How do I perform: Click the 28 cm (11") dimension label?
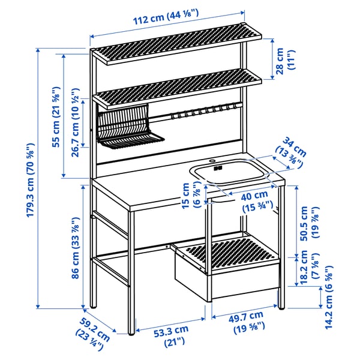pyautogui.click(x=287, y=59)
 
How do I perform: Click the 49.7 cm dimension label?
pyautogui.click(x=245, y=320)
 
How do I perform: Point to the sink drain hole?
pyautogui.click(x=218, y=168)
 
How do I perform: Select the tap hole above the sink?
pyautogui.click(x=211, y=160)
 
